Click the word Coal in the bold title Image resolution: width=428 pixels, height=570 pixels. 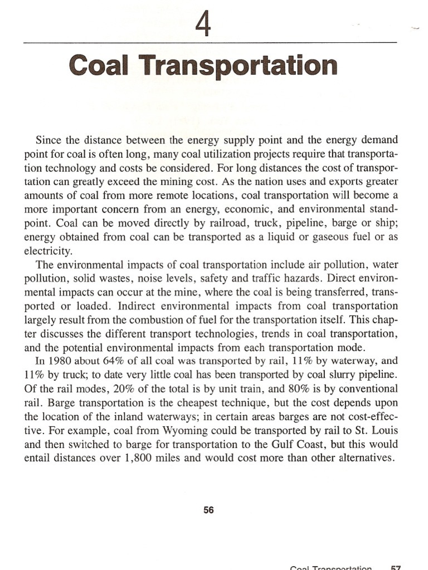point(98,66)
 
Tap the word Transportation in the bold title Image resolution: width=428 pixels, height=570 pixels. point(235,66)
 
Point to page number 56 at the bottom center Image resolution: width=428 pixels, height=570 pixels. point(209,509)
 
